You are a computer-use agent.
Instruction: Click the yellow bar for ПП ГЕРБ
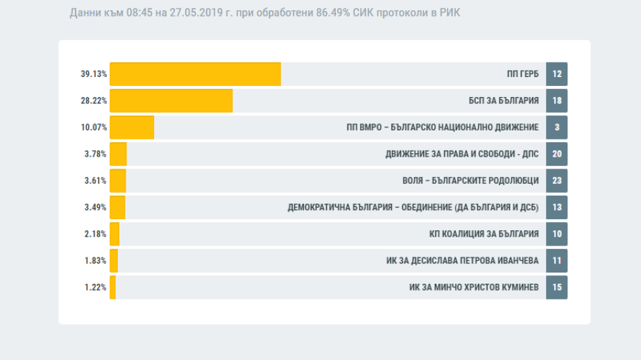195,74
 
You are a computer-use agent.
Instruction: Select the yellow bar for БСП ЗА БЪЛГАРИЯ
171,101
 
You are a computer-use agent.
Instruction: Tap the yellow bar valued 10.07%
132,128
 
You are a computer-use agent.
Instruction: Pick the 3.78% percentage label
96,154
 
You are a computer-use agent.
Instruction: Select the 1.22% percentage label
96,287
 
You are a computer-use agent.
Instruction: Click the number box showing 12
556,74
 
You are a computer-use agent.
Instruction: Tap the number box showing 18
556,101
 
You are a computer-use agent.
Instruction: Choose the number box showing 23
556,180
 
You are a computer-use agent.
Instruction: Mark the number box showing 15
556,287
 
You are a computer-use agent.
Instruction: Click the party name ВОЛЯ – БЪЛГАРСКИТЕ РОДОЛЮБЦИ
470,180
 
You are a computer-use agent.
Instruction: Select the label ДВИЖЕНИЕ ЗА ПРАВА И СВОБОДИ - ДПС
462,154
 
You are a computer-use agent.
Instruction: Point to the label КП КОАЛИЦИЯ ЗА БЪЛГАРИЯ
484,234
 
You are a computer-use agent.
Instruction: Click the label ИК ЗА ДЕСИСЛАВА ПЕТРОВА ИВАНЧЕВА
463,261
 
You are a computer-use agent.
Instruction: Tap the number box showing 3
556,128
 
